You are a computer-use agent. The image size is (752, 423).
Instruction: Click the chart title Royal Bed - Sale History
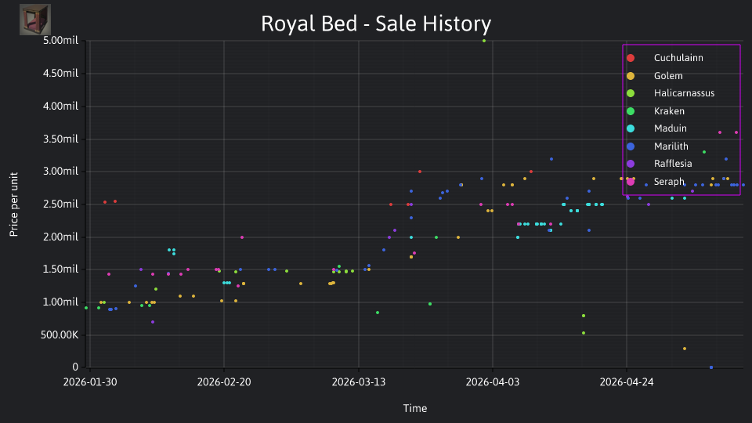tap(376, 23)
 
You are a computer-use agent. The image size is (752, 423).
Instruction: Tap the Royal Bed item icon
tap(35, 20)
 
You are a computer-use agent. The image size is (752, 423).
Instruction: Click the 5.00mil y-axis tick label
tap(60, 41)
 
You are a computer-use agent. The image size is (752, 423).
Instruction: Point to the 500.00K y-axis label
tap(60, 334)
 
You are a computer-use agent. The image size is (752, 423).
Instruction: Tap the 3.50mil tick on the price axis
tap(60, 139)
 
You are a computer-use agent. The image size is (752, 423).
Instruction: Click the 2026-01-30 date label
tap(90, 381)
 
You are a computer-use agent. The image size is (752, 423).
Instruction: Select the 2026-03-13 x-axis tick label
tap(359, 381)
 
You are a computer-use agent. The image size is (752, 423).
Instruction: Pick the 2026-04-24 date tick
tap(627, 381)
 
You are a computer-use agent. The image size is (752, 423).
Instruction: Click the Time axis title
tap(415, 408)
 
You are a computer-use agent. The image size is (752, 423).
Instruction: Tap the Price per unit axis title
tap(14, 204)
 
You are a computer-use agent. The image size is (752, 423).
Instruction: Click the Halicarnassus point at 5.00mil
tap(484, 41)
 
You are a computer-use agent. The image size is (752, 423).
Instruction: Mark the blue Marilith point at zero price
tap(711, 367)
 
